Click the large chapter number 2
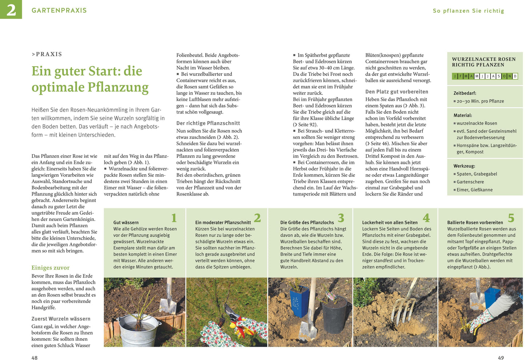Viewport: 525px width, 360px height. (x=11, y=9)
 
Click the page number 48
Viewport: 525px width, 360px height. (x=35, y=357)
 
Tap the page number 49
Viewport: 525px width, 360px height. (x=501, y=357)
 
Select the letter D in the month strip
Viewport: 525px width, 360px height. (x=515, y=76)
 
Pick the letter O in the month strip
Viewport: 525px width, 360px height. (x=504, y=76)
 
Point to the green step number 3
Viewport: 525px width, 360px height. (x=340, y=218)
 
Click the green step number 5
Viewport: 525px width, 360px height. (x=511, y=218)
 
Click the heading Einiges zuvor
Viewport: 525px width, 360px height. (x=51, y=268)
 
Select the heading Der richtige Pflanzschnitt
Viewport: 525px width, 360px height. (x=208, y=123)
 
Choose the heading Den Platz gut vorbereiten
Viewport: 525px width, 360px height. (x=397, y=92)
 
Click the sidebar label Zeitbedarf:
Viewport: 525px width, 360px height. (x=465, y=93)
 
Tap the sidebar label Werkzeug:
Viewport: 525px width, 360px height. (x=464, y=166)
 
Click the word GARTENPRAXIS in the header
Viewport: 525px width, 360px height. (x=59, y=10)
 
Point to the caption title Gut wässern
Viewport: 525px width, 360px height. (x=126, y=222)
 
